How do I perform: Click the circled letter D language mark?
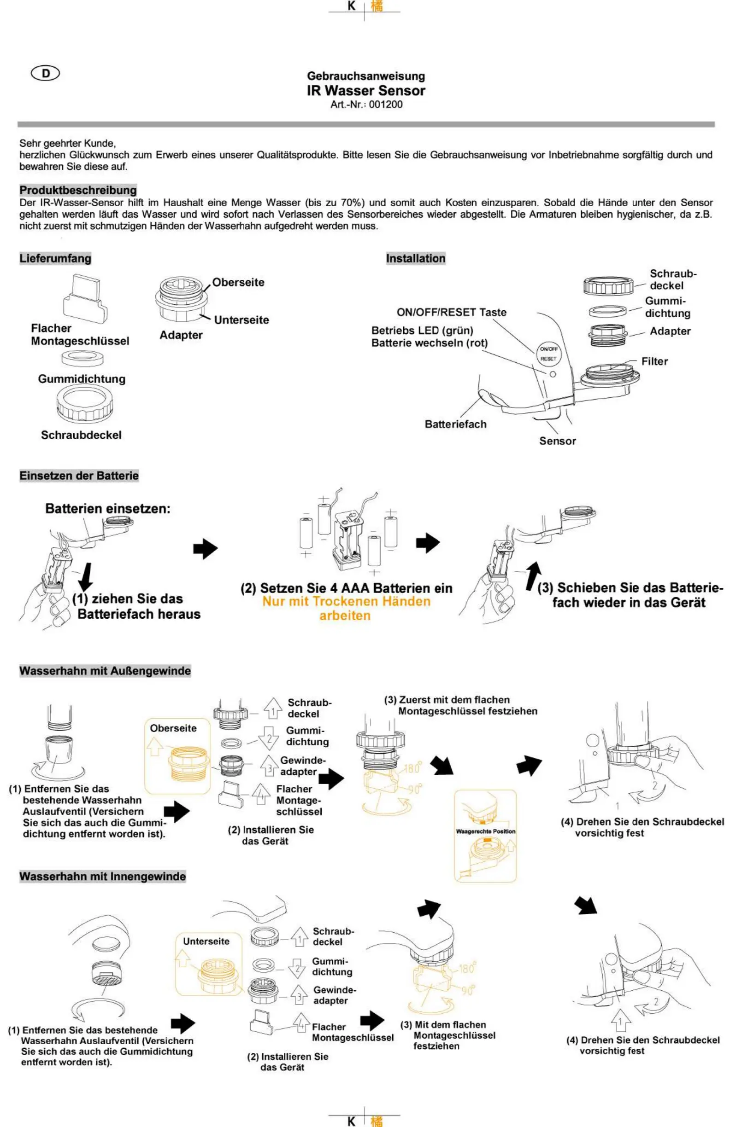click(x=46, y=73)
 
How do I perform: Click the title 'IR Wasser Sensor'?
click(x=366, y=90)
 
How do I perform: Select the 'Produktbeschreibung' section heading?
click(x=78, y=190)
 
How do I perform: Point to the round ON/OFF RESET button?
click(x=548, y=354)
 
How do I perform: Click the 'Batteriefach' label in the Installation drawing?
click(x=455, y=424)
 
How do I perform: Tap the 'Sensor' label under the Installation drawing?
click(x=558, y=441)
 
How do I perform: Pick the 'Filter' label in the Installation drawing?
click(x=654, y=361)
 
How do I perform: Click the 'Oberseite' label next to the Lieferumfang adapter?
click(x=238, y=282)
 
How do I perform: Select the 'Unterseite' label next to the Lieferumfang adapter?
click(x=241, y=320)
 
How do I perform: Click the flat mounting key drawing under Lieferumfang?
click(x=85, y=299)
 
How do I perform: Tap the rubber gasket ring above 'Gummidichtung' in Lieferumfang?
click(x=82, y=359)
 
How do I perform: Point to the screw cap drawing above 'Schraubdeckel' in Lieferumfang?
click(x=84, y=403)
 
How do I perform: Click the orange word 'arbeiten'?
click(x=345, y=616)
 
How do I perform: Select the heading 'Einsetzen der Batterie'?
click(x=79, y=476)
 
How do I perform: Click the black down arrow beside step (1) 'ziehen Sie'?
click(x=85, y=577)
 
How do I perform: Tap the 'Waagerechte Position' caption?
click(x=485, y=831)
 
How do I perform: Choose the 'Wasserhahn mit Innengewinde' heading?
click(x=102, y=876)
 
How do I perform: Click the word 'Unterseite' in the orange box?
click(x=206, y=941)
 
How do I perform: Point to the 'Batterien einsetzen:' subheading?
click(x=107, y=509)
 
